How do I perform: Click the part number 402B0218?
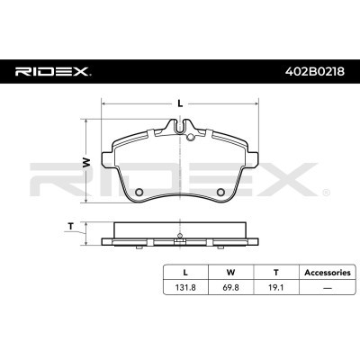click(x=315, y=72)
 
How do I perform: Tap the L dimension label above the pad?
click(x=180, y=103)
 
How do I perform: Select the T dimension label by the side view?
click(x=70, y=227)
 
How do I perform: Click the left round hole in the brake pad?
click(x=139, y=192)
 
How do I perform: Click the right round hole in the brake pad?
click(x=220, y=192)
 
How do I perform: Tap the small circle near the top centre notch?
click(x=191, y=138)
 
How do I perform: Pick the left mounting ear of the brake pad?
click(x=106, y=159)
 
